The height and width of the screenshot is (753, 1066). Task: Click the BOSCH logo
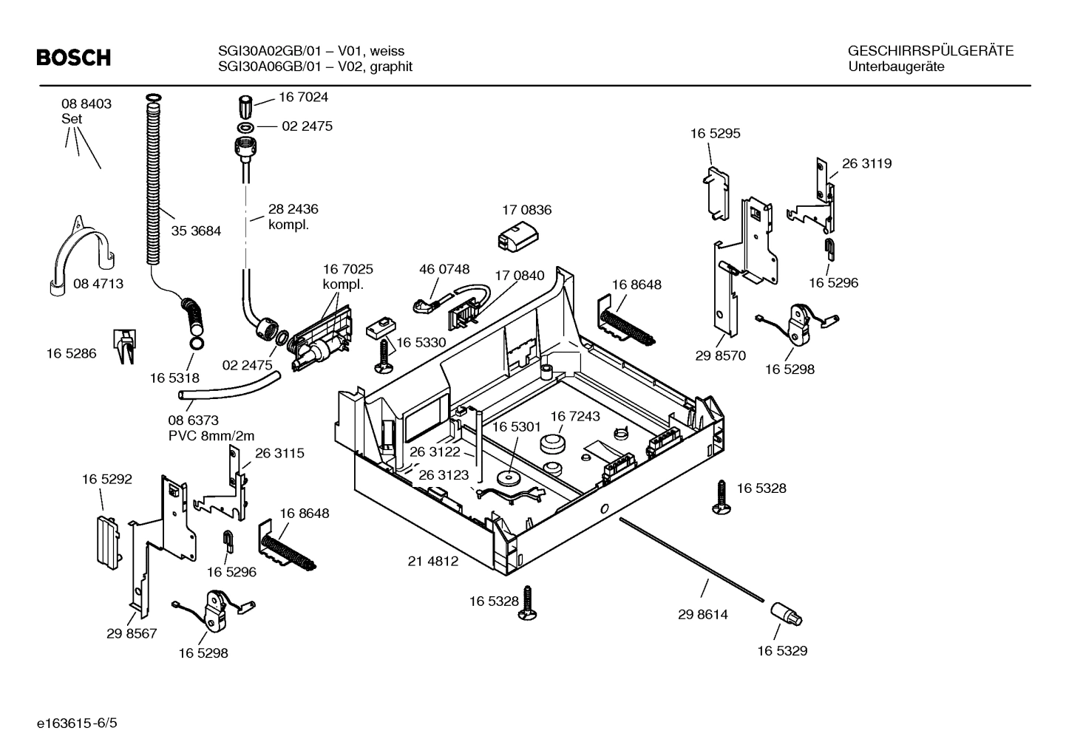[73, 58]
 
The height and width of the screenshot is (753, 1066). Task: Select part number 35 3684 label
[196, 231]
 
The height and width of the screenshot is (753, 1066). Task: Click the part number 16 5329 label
[782, 651]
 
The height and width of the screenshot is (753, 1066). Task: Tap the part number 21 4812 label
[433, 562]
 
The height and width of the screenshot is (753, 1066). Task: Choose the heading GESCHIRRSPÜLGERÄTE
[930, 51]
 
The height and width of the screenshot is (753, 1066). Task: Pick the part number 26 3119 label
[866, 164]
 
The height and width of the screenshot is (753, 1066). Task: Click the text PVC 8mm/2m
[211, 436]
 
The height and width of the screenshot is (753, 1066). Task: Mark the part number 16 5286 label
[71, 354]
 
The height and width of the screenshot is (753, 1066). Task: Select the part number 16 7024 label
[303, 98]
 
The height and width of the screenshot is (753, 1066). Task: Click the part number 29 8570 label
[720, 355]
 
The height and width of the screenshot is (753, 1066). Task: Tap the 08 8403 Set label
[86, 111]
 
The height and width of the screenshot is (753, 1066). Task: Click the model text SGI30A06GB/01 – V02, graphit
[315, 67]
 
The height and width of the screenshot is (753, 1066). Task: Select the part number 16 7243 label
[575, 417]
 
